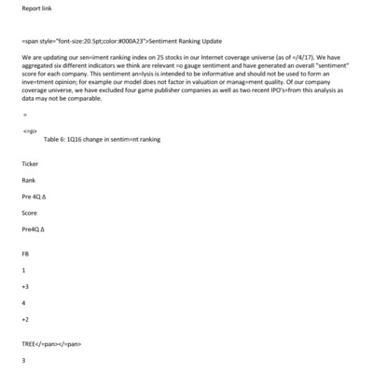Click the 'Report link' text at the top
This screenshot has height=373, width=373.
pyautogui.click(x=35, y=12)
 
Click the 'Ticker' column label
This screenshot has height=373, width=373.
pyautogui.click(x=30, y=164)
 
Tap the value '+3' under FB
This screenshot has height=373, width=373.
pyautogui.click(x=25, y=286)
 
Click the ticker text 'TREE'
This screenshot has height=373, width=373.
pyautogui.click(x=31, y=343)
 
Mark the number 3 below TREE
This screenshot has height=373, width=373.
pyautogui.click(x=23, y=359)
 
